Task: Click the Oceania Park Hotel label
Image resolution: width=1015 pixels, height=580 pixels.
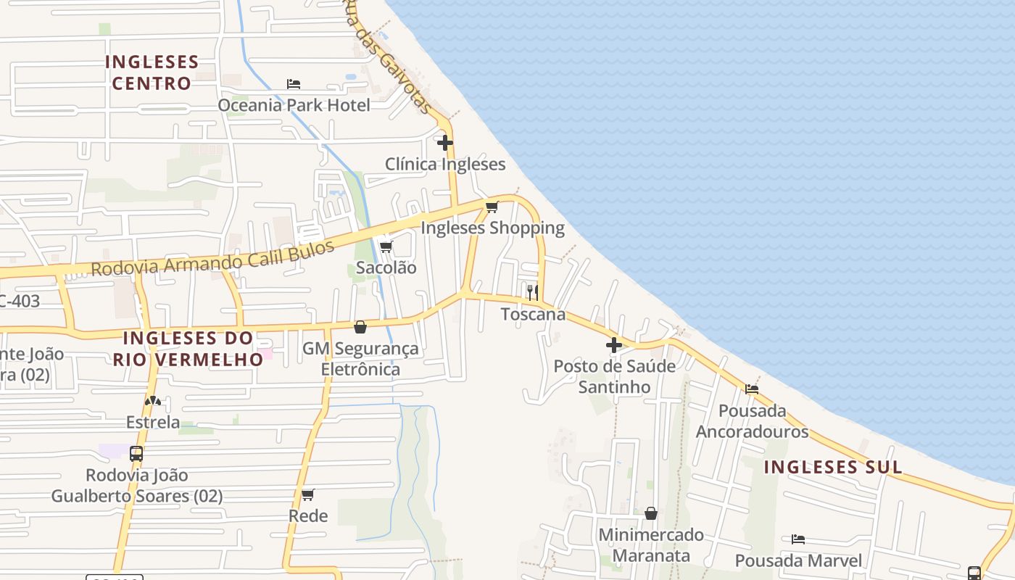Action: [294, 105]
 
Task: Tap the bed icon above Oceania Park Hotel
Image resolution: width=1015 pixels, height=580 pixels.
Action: [294, 84]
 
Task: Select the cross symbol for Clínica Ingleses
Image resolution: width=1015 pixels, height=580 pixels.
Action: [445, 143]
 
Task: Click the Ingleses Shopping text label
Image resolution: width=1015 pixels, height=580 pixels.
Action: [492, 228]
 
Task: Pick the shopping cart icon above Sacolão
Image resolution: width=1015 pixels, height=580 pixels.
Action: [386, 247]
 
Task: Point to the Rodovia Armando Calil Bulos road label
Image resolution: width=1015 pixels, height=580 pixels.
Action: [212, 258]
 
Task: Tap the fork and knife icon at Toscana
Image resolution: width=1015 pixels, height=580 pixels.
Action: [532, 292]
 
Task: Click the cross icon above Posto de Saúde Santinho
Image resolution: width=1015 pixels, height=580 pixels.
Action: [614, 345]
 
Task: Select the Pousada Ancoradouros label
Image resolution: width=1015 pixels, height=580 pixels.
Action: [752, 421]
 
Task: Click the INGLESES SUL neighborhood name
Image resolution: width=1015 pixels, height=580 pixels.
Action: [833, 468]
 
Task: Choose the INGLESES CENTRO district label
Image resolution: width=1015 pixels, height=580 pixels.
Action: [151, 72]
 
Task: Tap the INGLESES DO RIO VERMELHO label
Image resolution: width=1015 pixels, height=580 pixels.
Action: [188, 349]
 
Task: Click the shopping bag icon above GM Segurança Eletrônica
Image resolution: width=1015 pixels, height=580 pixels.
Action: [360, 327]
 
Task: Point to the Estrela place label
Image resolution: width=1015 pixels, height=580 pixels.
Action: [152, 422]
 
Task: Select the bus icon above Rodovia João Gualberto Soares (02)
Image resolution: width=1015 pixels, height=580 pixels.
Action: [136, 454]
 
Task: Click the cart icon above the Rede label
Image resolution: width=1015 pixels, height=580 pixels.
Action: [308, 495]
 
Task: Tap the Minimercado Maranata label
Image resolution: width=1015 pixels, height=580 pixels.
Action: [650, 545]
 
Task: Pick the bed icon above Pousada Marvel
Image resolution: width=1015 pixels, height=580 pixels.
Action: [798, 539]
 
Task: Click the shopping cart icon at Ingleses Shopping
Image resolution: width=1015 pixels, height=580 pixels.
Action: [492, 207]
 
